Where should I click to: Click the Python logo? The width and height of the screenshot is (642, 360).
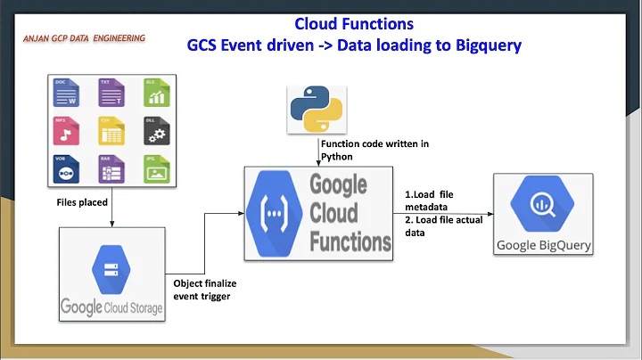tap(317, 107)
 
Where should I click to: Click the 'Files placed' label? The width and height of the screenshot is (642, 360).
tap(82, 202)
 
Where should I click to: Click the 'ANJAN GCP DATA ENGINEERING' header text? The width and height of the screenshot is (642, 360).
tap(86, 39)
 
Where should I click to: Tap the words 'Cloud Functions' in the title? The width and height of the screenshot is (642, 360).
tap(353, 23)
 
